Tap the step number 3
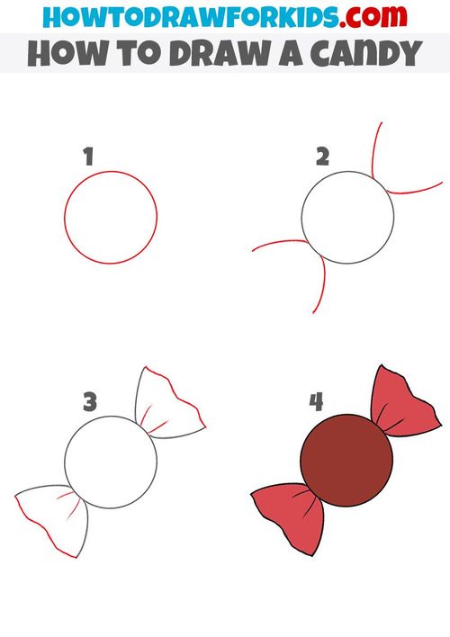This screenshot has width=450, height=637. tap(90, 401)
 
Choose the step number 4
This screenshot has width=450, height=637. tap(317, 401)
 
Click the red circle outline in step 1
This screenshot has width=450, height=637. tap(66, 216)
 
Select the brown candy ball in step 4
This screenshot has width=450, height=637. tap(347, 460)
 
